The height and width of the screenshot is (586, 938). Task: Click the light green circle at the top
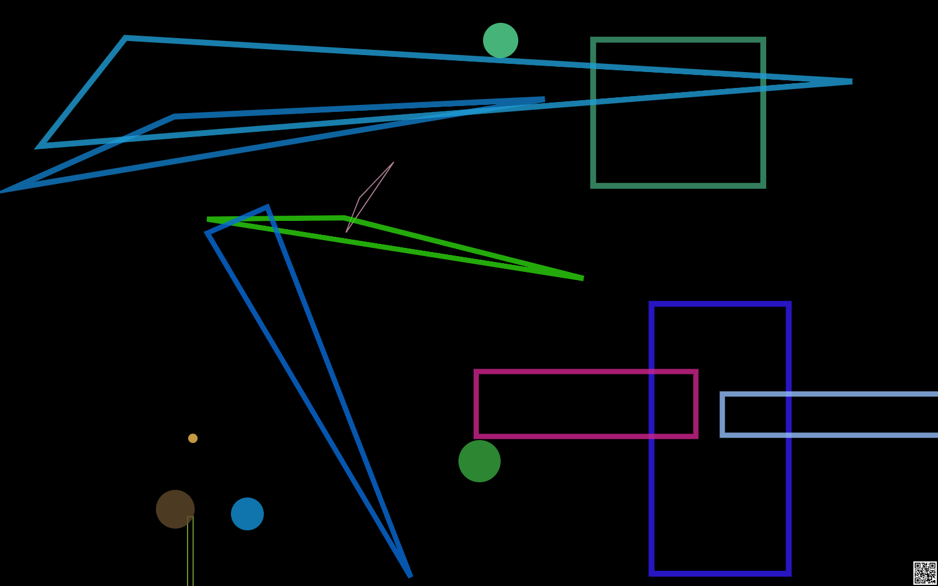[501, 40]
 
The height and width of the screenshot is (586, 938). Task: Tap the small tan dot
[193, 438]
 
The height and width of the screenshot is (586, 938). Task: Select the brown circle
[175, 509]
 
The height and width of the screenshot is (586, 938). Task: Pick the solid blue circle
[247, 514]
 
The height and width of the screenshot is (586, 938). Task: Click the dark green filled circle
[480, 461]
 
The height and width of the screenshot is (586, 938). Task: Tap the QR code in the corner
[925, 573]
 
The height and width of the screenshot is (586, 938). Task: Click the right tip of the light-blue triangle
[851, 81]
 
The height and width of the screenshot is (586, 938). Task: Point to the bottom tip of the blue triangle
[410, 576]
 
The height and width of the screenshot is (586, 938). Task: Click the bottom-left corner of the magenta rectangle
[477, 436]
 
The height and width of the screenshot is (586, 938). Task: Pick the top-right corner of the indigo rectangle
[789, 304]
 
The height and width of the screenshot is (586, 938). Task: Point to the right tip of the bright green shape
[583, 278]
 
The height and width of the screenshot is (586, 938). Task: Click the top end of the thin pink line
[393, 163]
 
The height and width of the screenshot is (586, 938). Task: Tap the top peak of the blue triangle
[267, 207]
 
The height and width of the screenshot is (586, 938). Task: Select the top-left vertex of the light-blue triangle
[125, 38]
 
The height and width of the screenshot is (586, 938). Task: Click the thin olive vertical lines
[191, 551]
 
